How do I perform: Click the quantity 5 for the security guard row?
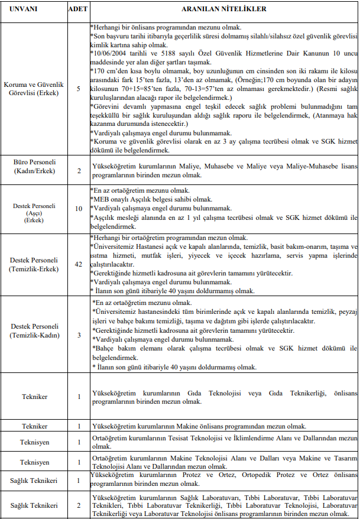78,89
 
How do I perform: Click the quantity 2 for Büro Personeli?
78,170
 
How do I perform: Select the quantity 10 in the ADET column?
78,209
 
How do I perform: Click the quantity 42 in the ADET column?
78,264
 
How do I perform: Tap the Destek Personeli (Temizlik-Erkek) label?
34,264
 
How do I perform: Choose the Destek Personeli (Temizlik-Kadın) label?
34,331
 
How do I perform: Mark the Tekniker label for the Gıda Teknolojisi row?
34,397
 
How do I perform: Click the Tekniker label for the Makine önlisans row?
34,426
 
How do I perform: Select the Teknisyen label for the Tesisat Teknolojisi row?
34,442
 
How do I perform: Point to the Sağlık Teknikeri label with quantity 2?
34,505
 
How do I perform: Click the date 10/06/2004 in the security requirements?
110,53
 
